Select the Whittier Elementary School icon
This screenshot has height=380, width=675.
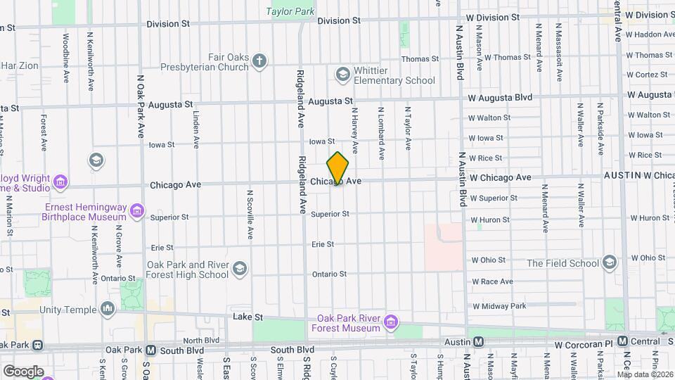pyautogui.click(x=342, y=74)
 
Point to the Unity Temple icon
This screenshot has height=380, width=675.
pyautogui.click(x=108, y=309)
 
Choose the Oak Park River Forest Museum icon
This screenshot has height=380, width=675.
pyautogui.click(x=390, y=323)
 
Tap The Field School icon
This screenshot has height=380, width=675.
pyautogui.click(x=609, y=263)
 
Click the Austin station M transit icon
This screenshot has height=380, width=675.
pyautogui.click(x=478, y=341)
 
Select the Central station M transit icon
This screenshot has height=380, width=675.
pyautogui.click(x=623, y=341)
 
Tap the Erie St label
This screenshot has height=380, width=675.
pyautogui.click(x=322, y=244)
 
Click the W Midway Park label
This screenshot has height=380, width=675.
pyautogui.click(x=499, y=306)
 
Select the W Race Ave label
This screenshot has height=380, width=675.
pyautogui.click(x=492, y=281)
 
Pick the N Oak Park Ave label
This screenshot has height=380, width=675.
pyautogui.click(x=141, y=106)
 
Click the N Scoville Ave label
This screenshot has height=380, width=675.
pyautogui.click(x=250, y=215)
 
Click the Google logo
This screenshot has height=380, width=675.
pyautogui.click(x=23, y=371)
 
